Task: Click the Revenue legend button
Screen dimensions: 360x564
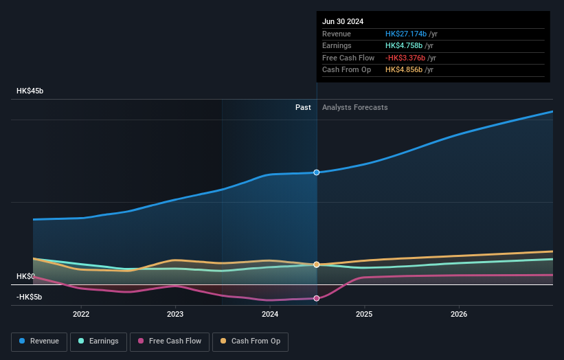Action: [40, 341]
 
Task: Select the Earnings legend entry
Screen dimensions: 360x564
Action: [99, 341]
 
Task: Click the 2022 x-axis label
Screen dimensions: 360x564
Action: [81, 314]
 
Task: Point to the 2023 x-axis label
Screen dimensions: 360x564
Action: [175, 314]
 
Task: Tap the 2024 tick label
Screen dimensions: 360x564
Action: [270, 314]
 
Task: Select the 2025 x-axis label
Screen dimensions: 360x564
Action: [364, 314]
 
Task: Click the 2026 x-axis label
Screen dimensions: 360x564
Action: [459, 314]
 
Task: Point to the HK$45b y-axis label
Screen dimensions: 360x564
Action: [30, 91]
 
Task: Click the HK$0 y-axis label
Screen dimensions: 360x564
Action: [25, 276]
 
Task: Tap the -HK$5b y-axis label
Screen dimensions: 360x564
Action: [29, 297]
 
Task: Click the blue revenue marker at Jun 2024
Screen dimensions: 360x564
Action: [317, 172]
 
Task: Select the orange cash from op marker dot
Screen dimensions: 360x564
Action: [317, 265]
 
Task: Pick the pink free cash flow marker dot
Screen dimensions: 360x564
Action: [317, 298]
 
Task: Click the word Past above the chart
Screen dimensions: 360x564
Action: [303, 108]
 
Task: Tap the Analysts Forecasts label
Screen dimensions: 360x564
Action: [354, 108]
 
